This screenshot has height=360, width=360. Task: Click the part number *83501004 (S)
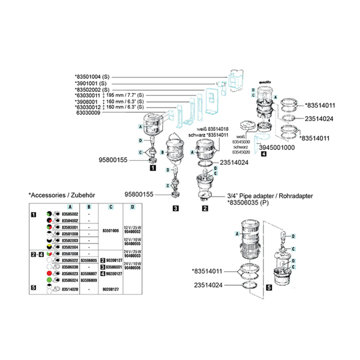click(92, 77)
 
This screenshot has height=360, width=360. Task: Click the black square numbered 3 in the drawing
click(176, 208)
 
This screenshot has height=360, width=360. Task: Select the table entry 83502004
click(69, 247)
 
